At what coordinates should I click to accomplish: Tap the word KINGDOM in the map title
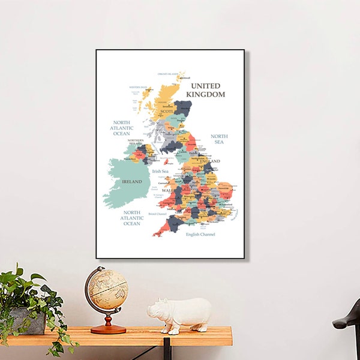point(206,94)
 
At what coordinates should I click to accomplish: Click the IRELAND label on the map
point(132,181)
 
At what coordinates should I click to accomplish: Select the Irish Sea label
point(160,171)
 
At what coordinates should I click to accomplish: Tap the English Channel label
point(200,234)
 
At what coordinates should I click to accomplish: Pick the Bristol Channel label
point(157,213)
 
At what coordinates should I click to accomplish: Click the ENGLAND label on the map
point(210,161)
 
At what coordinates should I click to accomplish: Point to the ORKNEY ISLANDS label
point(167,74)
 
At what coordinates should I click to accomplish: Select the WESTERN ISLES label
point(138,87)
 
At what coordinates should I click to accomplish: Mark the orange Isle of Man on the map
point(166,161)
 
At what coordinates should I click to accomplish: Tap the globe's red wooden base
point(108,329)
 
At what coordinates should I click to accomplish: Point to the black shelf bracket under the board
point(167,351)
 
